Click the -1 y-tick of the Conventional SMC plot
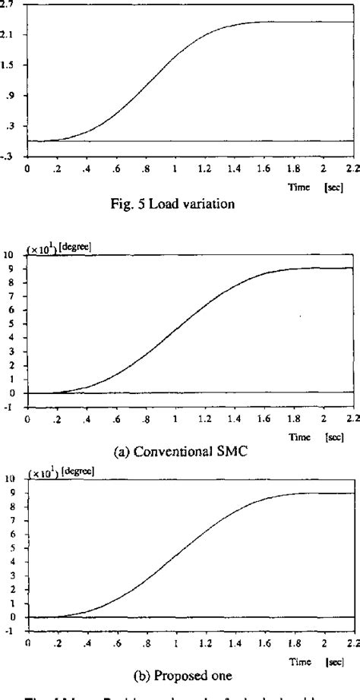pos(10,407)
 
